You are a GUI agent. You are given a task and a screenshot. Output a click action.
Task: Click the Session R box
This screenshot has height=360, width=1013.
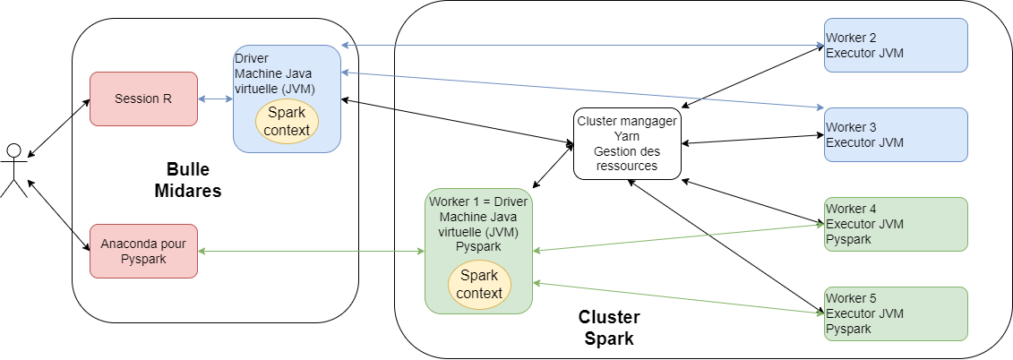(143, 99)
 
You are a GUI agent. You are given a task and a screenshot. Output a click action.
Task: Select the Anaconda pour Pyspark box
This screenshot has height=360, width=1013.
(143, 251)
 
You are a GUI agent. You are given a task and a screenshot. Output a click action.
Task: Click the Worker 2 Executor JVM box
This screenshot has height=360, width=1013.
(896, 45)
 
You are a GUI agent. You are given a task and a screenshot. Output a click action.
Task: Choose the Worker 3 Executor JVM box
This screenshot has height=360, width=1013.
(896, 134)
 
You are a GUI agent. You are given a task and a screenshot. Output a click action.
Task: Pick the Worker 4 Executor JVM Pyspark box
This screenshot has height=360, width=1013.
(896, 224)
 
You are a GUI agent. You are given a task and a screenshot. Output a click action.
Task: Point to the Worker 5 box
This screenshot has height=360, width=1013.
(896, 313)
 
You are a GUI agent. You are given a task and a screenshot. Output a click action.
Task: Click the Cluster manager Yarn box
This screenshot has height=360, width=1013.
(627, 142)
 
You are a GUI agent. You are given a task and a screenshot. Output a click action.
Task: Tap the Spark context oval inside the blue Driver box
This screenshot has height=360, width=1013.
(288, 122)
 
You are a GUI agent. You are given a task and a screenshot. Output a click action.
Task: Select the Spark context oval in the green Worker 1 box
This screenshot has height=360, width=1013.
(478, 284)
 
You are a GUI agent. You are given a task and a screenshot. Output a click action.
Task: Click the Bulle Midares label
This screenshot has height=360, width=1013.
(193, 180)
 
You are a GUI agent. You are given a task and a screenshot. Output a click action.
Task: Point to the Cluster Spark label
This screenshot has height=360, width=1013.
(609, 328)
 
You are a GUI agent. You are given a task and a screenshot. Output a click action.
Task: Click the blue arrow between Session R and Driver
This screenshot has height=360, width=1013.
(215, 99)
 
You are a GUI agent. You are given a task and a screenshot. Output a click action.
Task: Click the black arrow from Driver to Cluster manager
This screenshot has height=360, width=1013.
(457, 120)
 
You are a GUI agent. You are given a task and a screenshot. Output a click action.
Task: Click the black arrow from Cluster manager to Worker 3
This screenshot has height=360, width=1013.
(752, 139)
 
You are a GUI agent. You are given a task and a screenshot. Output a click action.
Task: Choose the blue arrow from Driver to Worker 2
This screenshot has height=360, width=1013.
(582, 45)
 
